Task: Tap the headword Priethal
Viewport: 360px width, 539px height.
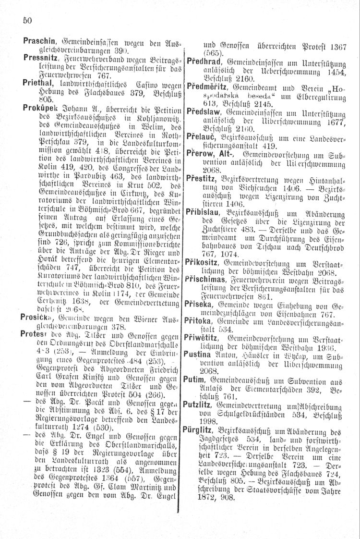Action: point(37,82)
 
